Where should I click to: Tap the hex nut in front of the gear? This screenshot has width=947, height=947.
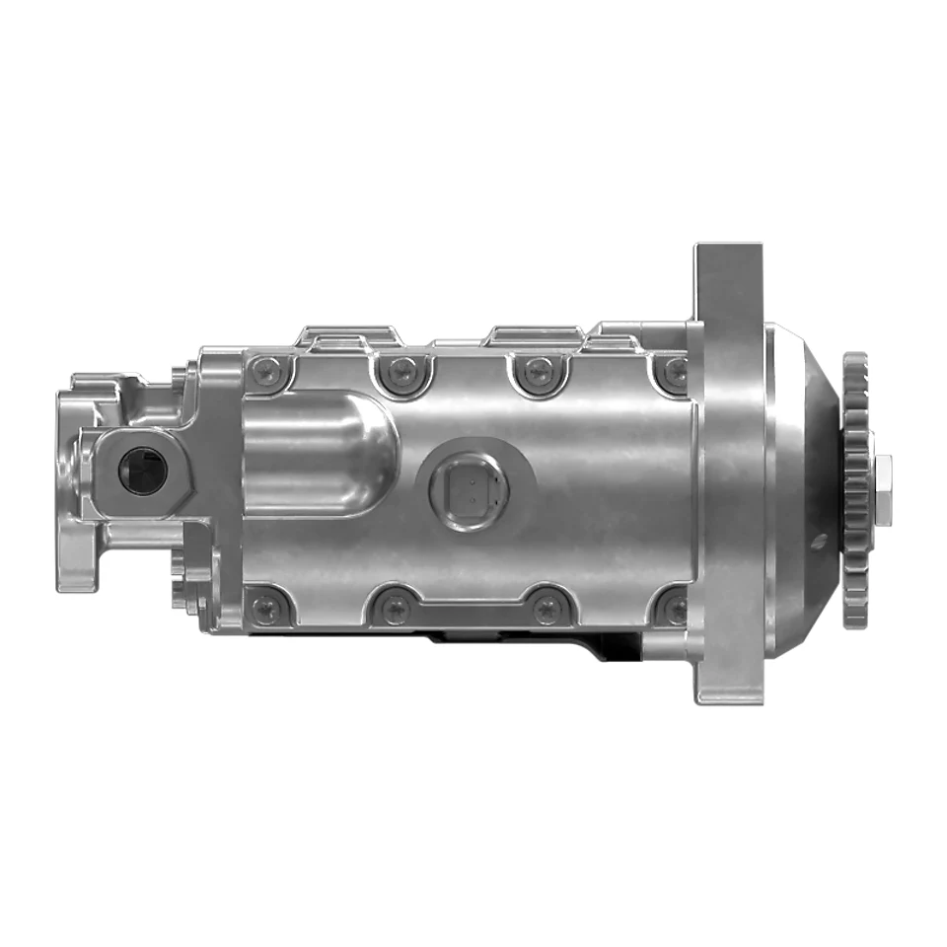tap(883, 489)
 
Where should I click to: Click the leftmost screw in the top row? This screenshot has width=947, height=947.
tap(266, 372)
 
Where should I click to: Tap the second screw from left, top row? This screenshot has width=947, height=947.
tap(401, 372)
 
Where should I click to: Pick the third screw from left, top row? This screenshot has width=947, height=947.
tap(538, 372)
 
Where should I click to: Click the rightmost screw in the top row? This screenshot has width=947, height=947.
tap(676, 373)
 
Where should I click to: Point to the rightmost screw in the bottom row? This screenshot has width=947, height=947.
tap(676, 608)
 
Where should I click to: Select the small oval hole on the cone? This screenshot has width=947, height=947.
tap(816, 542)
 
